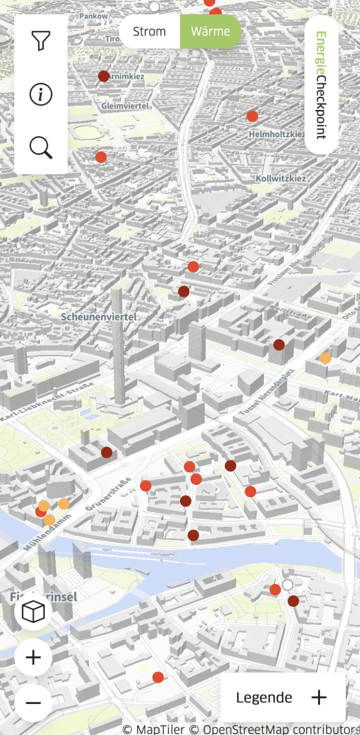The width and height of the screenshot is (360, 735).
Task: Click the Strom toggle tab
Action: (x=149, y=32)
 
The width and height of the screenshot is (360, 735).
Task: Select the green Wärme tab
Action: (x=211, y=32)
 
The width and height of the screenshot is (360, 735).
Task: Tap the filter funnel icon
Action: (x=41, y=41)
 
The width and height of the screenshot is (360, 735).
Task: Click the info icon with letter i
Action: (x=41, y=94)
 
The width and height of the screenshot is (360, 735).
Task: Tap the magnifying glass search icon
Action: (x=41, y=147)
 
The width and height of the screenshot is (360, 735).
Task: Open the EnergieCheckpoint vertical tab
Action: (x=322, y=85)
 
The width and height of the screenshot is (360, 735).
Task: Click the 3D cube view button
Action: (x=34, y=612)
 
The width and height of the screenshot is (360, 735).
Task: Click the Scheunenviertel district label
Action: (x=99, y=317)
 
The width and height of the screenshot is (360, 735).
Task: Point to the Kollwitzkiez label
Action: (x=281, y=179)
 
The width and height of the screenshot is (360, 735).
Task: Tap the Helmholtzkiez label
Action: (x=277, y=134)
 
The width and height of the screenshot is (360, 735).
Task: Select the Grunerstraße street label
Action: (x=109, y=494)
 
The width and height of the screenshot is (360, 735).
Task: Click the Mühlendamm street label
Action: (x=47, y=533)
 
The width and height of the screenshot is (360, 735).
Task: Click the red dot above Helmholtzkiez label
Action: (x=252, y=116)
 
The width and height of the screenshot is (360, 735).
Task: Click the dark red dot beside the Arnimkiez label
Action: (x=104, y=76)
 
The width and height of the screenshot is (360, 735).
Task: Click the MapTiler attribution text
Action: (x=153, y=729)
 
